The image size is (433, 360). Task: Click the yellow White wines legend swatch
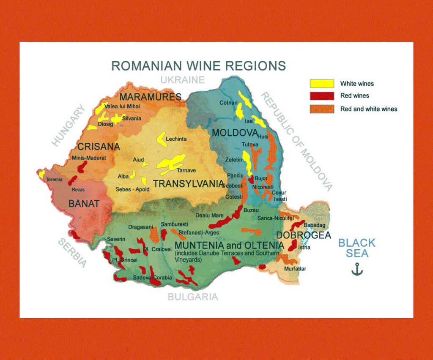coord(322,84)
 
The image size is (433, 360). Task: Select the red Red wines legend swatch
coord(322,96)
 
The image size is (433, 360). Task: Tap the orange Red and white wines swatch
coord(322,109)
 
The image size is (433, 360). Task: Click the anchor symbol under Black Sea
coord(357,269)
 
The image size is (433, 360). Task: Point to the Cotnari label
coord(228,103)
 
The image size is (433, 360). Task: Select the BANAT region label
coord(84,204)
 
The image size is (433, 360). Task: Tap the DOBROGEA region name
coord(303,236)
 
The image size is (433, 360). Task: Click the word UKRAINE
coord(182,80)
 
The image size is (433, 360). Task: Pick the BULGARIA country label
coord(193,297)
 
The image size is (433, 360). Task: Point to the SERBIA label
coord(72,253)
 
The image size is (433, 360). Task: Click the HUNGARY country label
coord(68,125)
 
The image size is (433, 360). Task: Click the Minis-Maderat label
coord(89,158)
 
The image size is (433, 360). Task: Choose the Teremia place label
coord(54,180)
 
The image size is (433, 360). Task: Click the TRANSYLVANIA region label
coord(188,184)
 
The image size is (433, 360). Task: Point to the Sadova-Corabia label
coord(152,278)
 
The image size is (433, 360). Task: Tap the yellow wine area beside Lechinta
coord(162,138)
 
